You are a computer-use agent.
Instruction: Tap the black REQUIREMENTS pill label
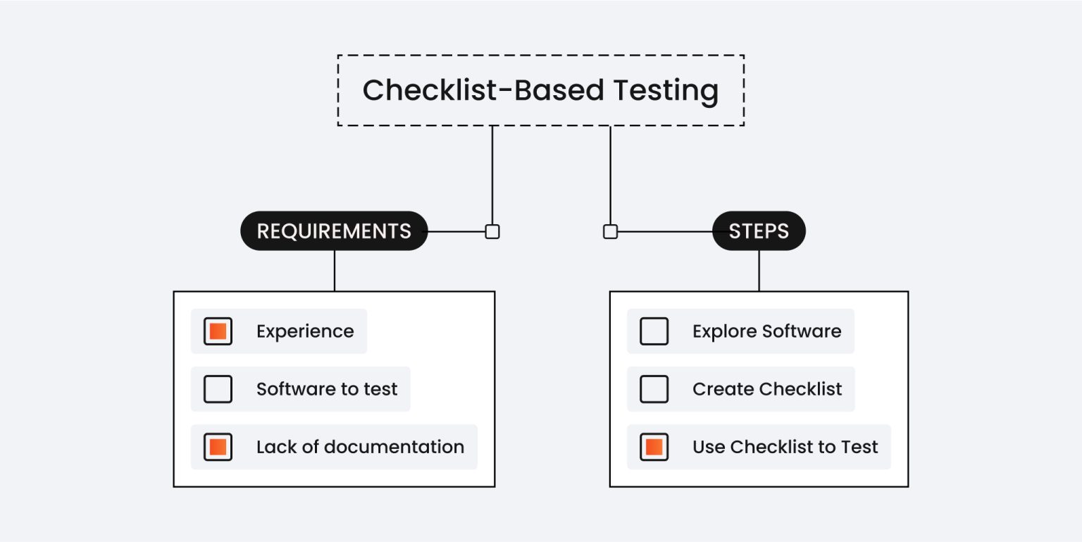334,231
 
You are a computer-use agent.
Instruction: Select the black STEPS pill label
759,231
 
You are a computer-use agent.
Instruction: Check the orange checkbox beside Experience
218,331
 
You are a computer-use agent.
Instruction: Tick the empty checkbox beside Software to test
218,389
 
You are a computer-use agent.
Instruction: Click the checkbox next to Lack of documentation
218,447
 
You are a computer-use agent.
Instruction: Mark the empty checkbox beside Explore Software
654,331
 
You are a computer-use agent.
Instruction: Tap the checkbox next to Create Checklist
654,389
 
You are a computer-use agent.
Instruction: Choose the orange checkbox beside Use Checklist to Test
654,447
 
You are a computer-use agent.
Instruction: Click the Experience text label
305,331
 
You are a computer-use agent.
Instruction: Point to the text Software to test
327,389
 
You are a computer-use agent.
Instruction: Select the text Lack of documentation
360,447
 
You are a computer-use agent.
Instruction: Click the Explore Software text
766,331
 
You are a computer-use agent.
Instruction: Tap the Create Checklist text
767,389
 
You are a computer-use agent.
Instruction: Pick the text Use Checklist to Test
785,447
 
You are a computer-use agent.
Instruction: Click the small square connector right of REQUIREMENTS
492,231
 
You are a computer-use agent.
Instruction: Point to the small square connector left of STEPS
610,231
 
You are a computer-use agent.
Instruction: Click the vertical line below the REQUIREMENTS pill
335,271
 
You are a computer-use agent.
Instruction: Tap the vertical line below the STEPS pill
759,271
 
